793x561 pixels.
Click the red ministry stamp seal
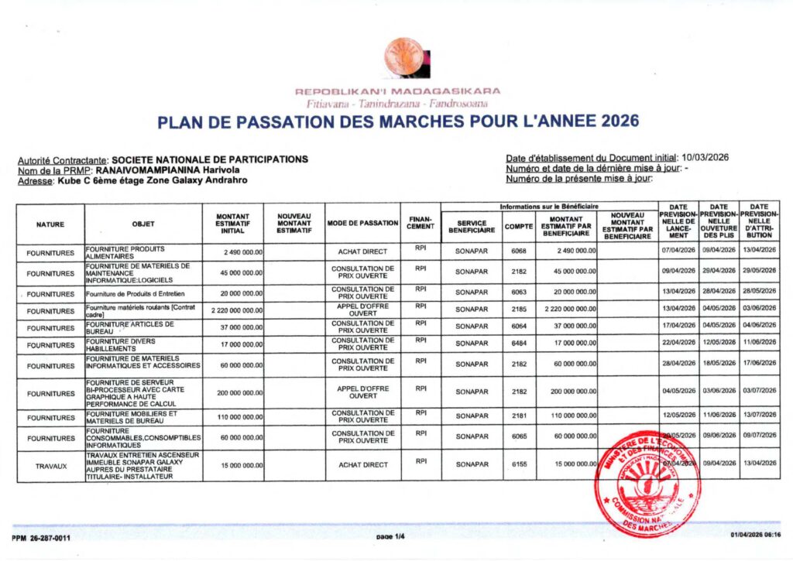[x=647, y=484]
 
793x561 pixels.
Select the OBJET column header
[x=143, y=224]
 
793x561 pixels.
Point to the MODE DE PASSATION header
[x=362, y=224]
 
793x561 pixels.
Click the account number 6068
[x=518, y=251]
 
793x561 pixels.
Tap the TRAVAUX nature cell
[x=51, y=466]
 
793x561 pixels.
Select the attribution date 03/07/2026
[x=758, y=393]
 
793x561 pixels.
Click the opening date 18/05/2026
[x=718, y=364]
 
